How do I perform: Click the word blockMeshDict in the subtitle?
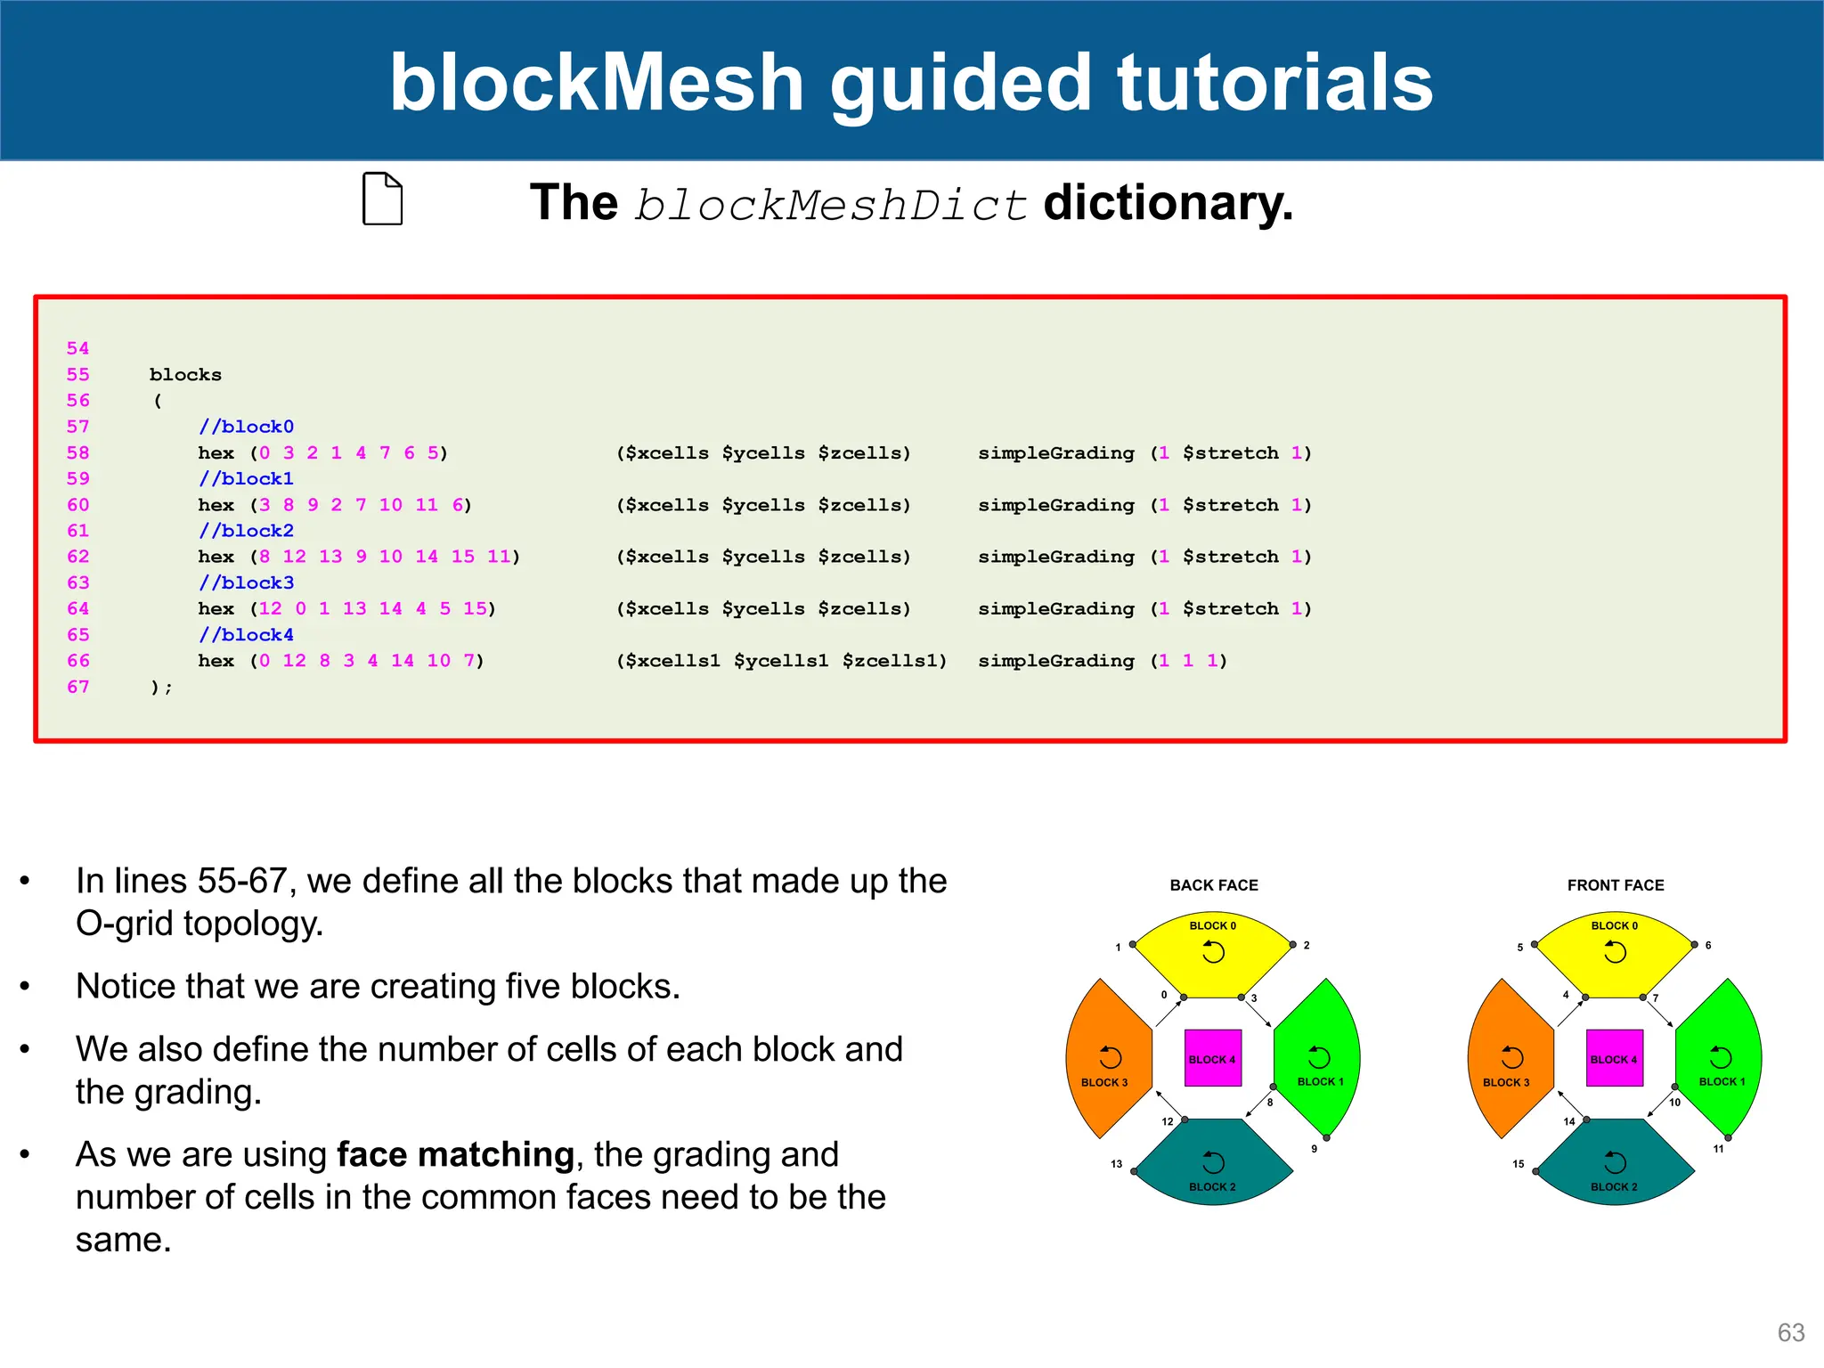click(x=830, y=205)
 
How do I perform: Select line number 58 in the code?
click(x=78, y=452)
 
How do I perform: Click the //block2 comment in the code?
click(x=246, y=531)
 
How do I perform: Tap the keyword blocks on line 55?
click(x=185, y=375)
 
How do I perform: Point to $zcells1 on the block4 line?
click(x=894, y=661)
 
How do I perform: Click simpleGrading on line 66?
click(x=1056, y=661)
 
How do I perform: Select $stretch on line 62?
click(x=1230, y=557)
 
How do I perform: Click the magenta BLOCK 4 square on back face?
click(x=1213, y=1058)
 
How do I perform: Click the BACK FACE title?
click(x=1214, y=885)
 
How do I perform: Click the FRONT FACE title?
click(x=1616, y=885)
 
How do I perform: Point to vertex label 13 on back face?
click(x=1116, y=1164)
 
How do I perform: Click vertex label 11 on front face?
click(x=1718, y=1149)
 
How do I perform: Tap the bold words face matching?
click(x=455, y=1155)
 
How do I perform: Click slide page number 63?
click(x=1790, y=1332)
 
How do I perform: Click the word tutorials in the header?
click(x=1274, y=82)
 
